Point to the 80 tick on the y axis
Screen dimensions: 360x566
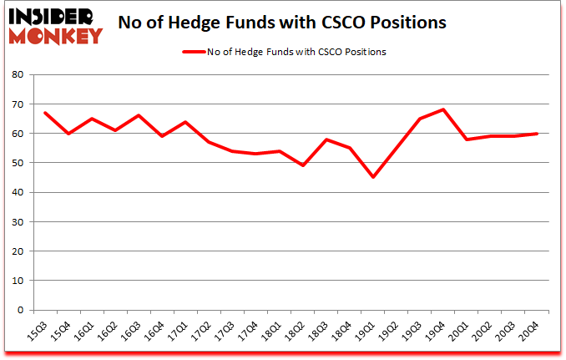(x=17, y=75)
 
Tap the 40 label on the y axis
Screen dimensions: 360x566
(x=17, y=193)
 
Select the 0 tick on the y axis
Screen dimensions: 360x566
(x=20, y=311)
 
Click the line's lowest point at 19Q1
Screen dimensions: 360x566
(x=373, y=177)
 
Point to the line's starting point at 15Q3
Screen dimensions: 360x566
(x=46, y=113)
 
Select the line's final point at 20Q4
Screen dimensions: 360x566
(x=536, y=134)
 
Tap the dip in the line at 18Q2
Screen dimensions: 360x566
(x=303, y=165)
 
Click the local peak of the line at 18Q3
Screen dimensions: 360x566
(x=326, y=139)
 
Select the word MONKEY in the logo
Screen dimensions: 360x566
(x=55, y=36)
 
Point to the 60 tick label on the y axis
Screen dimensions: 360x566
(x=17, y=134)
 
